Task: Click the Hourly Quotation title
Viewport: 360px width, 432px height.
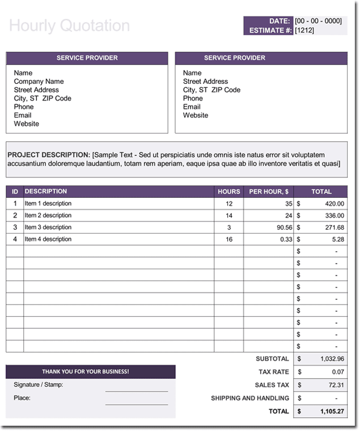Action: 69,26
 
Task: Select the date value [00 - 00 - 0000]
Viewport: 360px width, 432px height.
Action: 318,21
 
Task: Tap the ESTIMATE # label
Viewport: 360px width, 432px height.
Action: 270,31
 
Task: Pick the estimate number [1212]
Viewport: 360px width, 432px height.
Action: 305,31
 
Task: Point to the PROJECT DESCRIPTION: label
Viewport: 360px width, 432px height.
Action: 49,155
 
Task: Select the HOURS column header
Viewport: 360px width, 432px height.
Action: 229,192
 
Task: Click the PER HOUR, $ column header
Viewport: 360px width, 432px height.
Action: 269,192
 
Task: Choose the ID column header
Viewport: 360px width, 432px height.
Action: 15,192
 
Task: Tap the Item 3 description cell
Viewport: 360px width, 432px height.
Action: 48,227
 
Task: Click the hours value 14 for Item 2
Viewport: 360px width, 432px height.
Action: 229,215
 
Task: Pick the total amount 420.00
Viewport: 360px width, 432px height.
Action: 334,204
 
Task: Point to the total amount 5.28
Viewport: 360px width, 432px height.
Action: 338,239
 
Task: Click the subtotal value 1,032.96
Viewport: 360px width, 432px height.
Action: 332,359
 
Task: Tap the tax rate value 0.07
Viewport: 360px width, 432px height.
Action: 337,372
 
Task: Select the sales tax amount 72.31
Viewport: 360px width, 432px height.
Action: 336,385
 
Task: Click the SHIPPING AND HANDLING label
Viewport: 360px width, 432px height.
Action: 250,398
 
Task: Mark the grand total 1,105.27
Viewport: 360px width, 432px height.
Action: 332,411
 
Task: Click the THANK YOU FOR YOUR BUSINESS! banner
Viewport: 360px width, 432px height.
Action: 86,372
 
